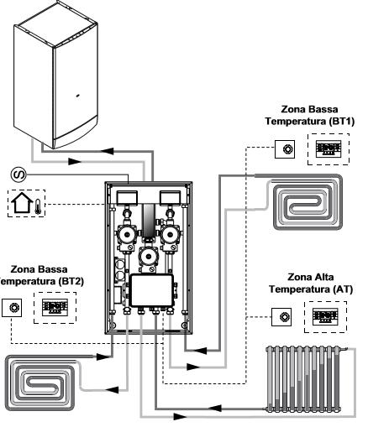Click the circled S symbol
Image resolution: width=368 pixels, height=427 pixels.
point(18,174)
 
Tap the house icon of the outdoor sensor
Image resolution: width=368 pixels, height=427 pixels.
point(22,202)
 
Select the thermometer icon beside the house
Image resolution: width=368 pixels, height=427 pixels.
point(38,206)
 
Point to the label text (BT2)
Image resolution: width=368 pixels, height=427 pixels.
point(71,281)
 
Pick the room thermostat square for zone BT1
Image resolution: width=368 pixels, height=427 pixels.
point(285,149)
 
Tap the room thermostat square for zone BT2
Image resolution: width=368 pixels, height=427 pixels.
point(12,308)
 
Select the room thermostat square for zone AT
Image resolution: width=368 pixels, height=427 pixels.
point(281,317)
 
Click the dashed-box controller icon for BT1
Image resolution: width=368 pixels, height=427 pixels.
point(329,149)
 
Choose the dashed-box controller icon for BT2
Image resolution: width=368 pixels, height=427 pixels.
point(55,308)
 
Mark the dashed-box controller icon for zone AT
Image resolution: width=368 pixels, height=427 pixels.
point(325,317)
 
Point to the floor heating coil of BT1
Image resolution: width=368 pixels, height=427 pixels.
point(308,202)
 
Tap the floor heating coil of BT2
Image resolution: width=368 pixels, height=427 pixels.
point(39,383)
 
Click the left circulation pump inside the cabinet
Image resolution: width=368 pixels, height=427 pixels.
point(127,235)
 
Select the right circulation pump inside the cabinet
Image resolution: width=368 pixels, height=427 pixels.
point(171,235)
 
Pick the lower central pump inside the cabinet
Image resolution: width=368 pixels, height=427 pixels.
point(149,257)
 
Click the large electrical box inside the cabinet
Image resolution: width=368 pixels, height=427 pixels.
point(152,290)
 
